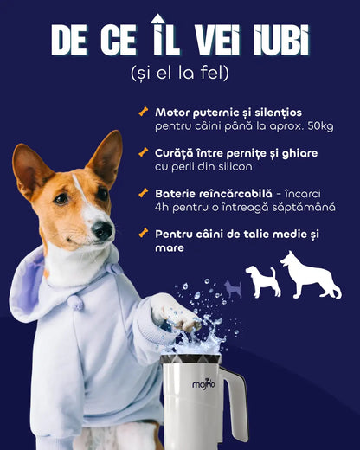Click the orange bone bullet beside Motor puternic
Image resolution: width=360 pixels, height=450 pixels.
143,112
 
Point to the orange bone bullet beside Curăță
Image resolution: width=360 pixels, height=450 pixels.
143,152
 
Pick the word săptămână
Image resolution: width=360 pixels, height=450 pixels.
305,208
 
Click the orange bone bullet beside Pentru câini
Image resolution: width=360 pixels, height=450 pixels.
143,234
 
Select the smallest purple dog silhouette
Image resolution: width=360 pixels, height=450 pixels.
233,288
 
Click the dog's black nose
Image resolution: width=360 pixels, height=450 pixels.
103,230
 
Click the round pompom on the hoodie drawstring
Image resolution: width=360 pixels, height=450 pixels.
75,301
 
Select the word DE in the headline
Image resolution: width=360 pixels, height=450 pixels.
72,40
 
